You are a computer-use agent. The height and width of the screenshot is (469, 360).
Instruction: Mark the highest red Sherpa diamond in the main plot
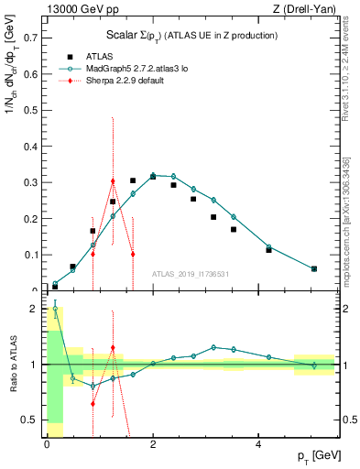click(x=113, y=181)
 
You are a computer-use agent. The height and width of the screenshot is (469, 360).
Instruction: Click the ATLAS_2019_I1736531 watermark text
click(x=191, y=274)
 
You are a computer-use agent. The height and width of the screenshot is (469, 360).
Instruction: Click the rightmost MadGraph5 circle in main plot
click(x=314, y=268)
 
